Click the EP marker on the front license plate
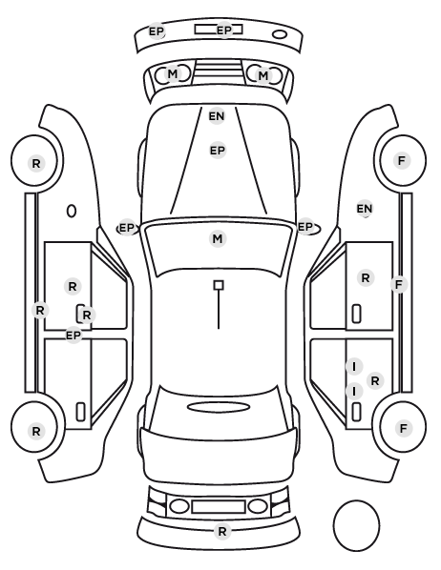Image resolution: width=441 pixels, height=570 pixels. (x=224, y=30)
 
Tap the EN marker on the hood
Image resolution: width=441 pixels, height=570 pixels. (x=217, y=116)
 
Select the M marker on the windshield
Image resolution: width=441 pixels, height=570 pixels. (x=218, y=239)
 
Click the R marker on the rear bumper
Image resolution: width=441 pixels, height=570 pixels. (x=222, y=532)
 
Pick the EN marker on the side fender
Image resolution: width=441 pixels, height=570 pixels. (x=365, y=209)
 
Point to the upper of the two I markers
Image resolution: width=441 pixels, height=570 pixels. (x=354, y=367)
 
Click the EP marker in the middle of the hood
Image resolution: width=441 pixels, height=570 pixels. (x=218, y=151)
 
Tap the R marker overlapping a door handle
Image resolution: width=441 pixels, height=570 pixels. (x=87, y=316)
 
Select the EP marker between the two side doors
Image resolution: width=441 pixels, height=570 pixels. (x=73, y=336)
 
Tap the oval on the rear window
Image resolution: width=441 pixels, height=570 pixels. (x=219, y=407)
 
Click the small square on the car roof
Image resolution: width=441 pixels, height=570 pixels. (x=219, y=285)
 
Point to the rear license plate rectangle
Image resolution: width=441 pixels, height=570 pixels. (x=219, y=507)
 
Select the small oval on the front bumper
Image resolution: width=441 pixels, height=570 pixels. (x=280, y=34)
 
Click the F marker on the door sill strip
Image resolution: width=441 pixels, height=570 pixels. (x=399, y=284)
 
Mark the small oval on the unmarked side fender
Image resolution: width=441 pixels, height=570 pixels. (x=72, y=212)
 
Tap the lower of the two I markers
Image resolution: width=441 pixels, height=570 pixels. (x=354, y=392)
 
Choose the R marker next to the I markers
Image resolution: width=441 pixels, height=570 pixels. (x=375, y=381)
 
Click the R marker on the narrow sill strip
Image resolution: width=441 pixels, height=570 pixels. (x=40, y=311)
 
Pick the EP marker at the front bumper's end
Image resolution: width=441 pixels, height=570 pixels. (x=157, y=31)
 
